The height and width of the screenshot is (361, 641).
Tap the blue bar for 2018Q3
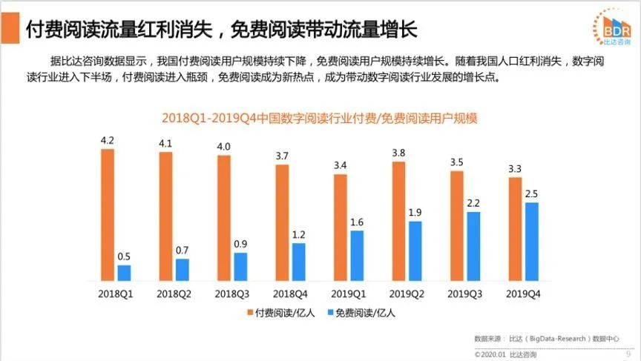pyautogui.click(x=240, y=266)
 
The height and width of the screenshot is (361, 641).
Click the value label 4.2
pyautogui.click(x=107, y=139)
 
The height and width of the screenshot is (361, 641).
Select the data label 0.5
pyautogui.click(x=124, y=256)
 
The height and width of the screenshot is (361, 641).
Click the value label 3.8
pyautogui.click(x=398, y=152)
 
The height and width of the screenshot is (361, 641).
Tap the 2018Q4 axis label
pyautogui.click(x=289, y=294)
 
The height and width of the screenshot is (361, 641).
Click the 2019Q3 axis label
pyautogui.click(x=464, y=294)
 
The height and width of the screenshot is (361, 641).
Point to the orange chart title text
pyautogui.click(x=320, y=119)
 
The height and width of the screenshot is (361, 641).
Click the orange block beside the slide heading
pyautogui.click(x=10, y=30)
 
